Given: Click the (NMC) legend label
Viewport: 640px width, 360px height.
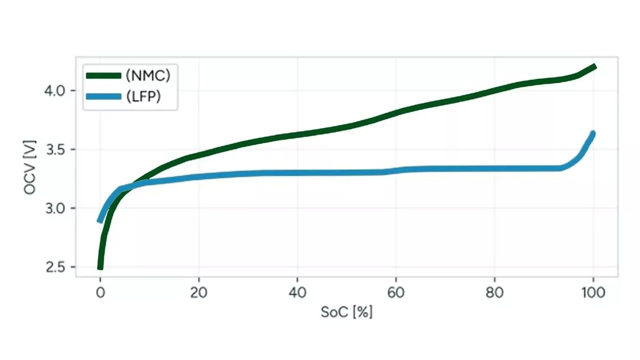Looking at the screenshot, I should click(148, 76).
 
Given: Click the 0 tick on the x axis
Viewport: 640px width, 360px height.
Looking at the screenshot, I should click(100, 292).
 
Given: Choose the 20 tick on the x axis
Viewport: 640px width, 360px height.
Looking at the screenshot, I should click(198, 292).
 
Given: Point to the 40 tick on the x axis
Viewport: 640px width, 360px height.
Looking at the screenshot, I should click(297, 292).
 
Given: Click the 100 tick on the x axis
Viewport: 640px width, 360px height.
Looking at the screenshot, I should click(593, 292).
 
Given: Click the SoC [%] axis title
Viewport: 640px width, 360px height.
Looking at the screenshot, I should click(346, 313).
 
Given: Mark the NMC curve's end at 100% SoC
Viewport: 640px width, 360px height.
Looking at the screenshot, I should click(594, 67).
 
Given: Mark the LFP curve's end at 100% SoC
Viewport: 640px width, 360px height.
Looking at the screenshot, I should click(593, 133).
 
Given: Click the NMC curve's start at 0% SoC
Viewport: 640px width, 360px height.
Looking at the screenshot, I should click(100, 266).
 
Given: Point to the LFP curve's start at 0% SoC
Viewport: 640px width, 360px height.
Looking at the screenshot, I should click(100, 220).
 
